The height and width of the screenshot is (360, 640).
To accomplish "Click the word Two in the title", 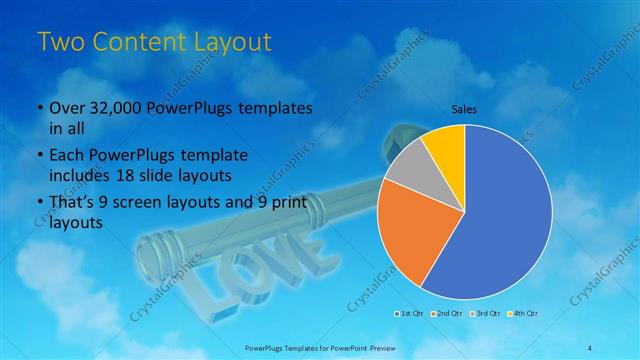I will coord(59,42).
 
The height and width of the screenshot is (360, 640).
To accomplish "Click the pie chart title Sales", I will coord(464,110).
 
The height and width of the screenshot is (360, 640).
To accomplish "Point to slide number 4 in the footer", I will coord(590,347).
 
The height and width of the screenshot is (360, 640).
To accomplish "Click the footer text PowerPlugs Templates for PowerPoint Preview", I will coord(319,347).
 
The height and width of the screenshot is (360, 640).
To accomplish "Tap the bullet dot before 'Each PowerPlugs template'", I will coord(39,156).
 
